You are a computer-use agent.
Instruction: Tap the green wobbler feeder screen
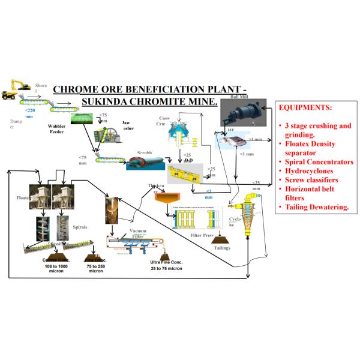[x=85, y=119]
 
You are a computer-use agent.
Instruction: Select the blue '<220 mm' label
[x=29, y=113]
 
